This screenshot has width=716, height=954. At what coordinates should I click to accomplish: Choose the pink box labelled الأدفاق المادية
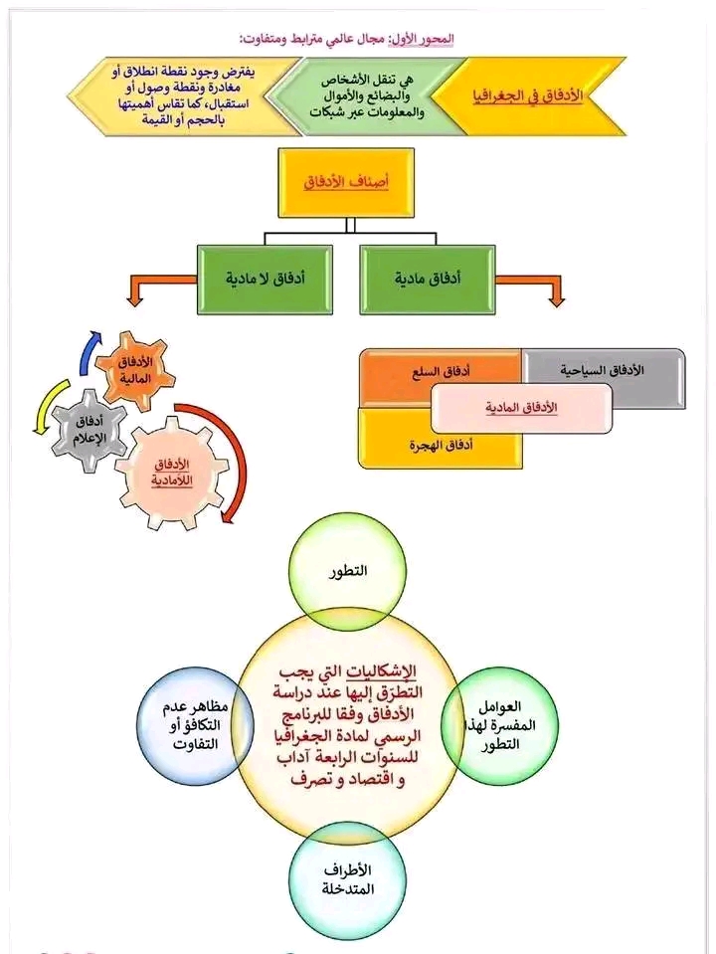(x=521, y=408)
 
